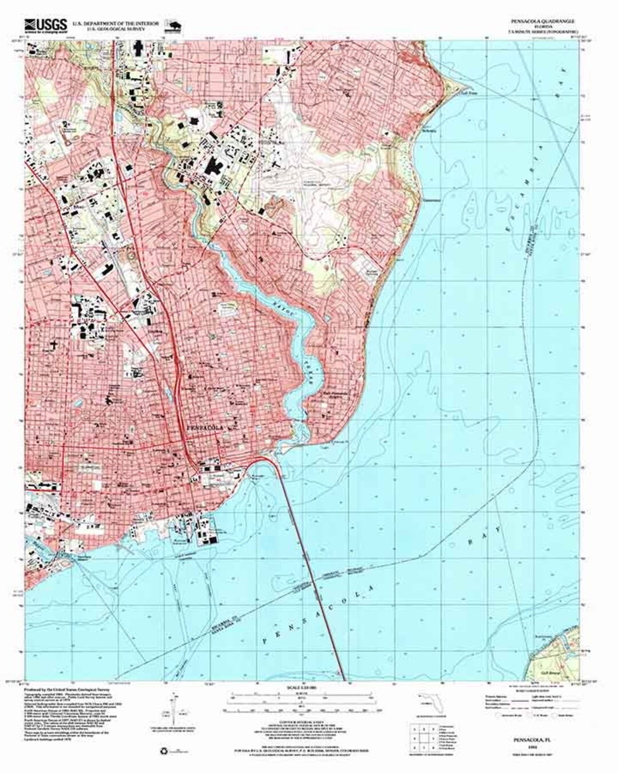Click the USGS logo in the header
click(x=45, y=25)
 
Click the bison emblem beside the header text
click(x=172, y=25)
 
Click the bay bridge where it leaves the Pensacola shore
click(x=270, y=459)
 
